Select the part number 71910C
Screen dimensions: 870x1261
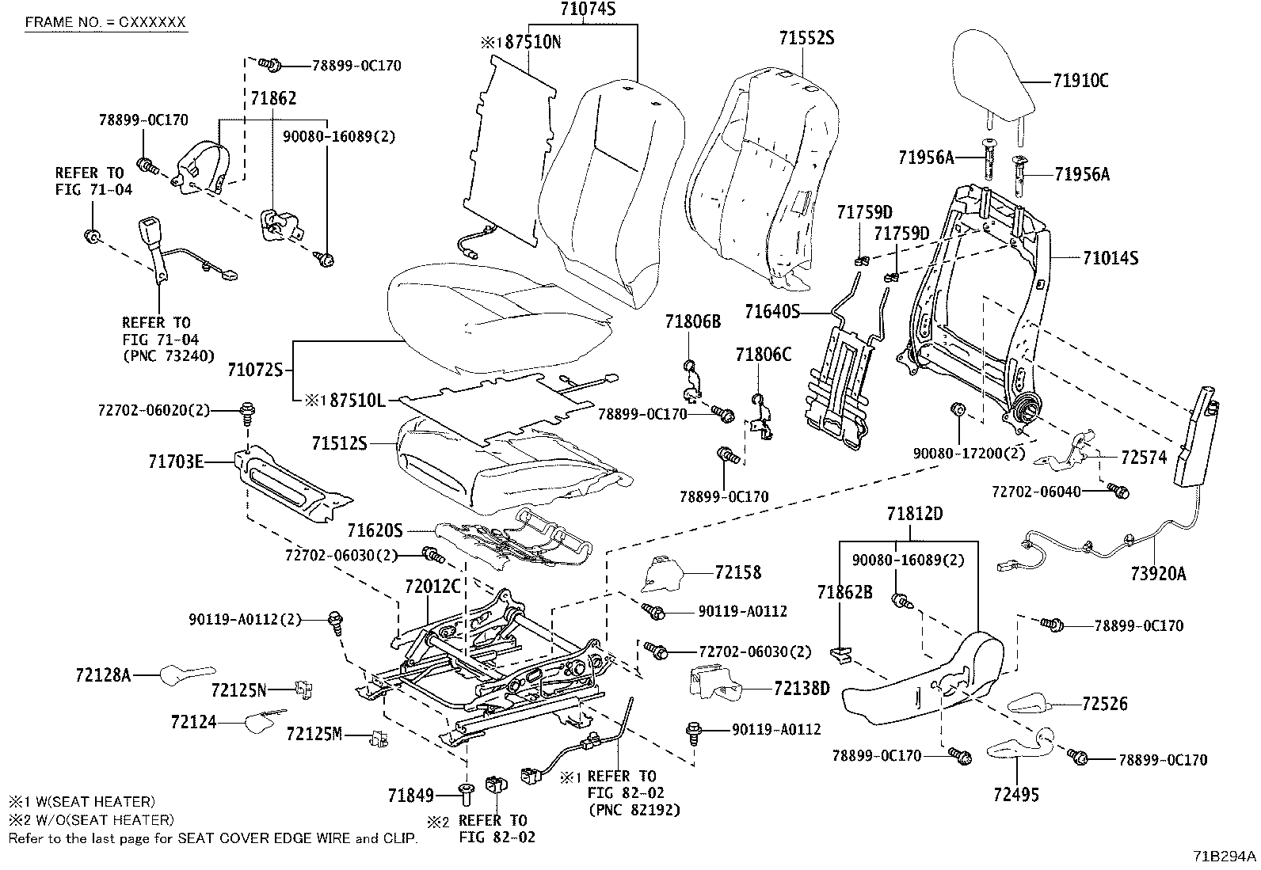pos(1080,81)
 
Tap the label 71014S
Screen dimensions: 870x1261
pos(1111,258)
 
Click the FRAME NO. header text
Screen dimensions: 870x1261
pos(105,21)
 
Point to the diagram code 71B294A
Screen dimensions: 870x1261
pos(1225,856)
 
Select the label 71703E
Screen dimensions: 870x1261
pos(176,460)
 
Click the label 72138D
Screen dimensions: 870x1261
pos(802,688)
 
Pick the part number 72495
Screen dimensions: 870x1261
pos(1016,794)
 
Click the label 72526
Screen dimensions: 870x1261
pos(1103,704)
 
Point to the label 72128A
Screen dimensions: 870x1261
pos(103,674)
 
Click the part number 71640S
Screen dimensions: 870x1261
pos(771,312)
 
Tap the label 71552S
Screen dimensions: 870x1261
pos(806,38)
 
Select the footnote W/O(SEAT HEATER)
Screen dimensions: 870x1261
pos(98,820)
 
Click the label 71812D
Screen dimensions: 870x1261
pos(915,514)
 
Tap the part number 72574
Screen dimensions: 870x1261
pos(1144,458)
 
